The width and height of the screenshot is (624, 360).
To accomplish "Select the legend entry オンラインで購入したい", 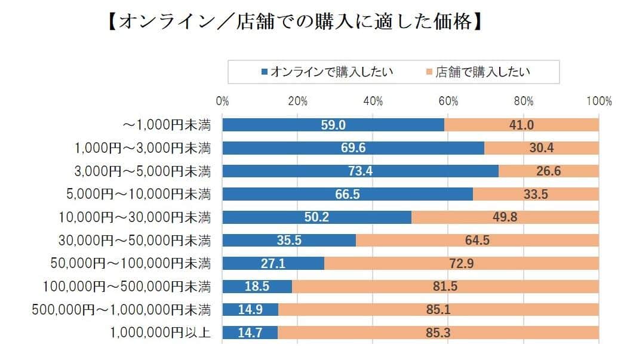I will pyautogui.click(x=327, y=72).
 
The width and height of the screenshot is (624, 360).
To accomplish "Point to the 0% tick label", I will pyautogui.click(x=223, y=101).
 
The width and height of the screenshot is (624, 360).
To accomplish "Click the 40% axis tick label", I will pyautogui.click(x=373, y=101).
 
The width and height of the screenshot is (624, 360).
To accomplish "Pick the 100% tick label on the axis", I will pyautogui.click(x=599, y=101).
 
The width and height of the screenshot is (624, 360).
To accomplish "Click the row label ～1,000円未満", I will pyautogui.click(x=167, y=125).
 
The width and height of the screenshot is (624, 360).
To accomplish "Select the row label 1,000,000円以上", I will pyautogui.click(x=160, y=333).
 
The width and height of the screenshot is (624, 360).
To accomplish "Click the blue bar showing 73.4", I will pyautogui.click(x=360, y=171).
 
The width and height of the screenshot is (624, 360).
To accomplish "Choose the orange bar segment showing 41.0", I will pyautogui.click(x=522, y=125).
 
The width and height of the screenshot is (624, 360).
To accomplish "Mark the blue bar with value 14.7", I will pyautogui.click(x=250, y=333).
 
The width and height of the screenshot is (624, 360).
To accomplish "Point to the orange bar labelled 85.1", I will pyautogui.click(x=438, y=309).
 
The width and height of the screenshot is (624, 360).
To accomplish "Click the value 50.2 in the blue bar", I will pyautogui.click(x=317, y=217).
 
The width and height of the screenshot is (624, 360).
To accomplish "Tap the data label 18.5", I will pyautogui.click(x=257, y=287).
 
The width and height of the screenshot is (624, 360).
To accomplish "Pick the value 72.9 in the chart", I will pyautogui.click(x=461, y=263).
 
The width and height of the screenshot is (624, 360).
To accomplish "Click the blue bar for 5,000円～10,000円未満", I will pyautogui.click(x=347, y=194).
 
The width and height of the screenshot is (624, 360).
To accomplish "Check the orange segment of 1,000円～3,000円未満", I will pyautogui.click(x=542, y=148).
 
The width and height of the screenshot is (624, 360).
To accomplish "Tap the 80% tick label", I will pyautogui.click(x=524, y=101).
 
